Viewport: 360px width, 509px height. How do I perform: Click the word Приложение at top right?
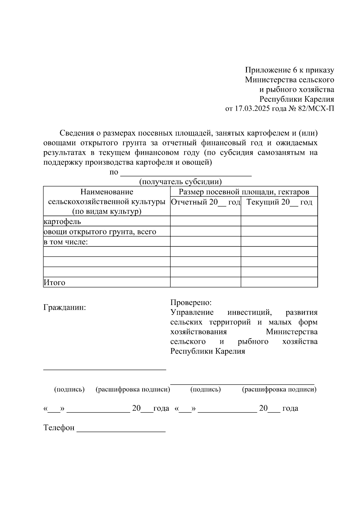(264, 70)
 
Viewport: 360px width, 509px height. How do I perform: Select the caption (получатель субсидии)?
(180, 182)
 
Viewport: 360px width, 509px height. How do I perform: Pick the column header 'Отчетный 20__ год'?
(205, 202)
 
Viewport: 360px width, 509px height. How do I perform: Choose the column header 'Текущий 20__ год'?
(279, 202)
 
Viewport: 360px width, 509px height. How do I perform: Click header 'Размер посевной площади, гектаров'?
(244, 192)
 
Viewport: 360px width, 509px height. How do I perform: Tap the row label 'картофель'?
(62, 222)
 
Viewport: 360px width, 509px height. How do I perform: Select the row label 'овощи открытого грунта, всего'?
(100, 232)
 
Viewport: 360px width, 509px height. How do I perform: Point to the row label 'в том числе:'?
(66, 242)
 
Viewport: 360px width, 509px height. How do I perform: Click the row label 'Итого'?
(54, 283)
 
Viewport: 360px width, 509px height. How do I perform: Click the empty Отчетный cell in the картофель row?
(205, 221)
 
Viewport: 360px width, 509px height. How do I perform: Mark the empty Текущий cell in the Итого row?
(279, 282)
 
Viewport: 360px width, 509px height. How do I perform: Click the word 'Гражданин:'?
(65, 308)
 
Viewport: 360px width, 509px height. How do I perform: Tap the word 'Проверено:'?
(191, 302)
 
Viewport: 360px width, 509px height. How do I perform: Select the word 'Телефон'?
(59, 428)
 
